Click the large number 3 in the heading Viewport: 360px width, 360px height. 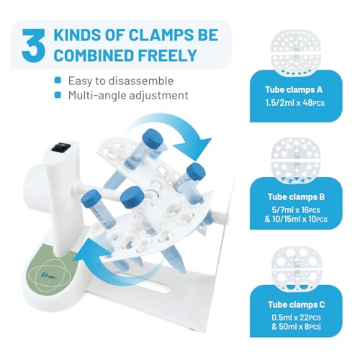33,45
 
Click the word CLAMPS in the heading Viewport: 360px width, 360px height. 161,35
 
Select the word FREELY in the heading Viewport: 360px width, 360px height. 167,55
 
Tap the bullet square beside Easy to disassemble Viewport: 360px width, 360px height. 58,80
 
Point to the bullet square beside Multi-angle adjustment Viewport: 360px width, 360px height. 58,95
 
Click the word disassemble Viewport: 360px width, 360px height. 141,81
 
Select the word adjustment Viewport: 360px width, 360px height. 158,96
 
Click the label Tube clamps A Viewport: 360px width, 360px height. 294,90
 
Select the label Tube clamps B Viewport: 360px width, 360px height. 296,197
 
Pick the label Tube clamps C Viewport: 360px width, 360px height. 297,305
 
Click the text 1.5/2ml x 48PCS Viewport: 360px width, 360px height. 295,103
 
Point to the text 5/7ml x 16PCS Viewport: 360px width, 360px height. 296,210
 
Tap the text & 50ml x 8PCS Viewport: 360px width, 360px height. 296,327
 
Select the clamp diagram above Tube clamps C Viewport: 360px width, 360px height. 296,269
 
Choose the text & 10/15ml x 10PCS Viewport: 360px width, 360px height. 296,220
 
